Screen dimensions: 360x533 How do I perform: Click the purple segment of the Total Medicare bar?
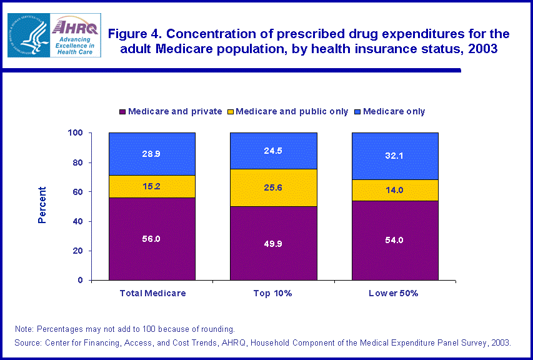152,250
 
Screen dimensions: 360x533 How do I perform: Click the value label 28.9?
152,153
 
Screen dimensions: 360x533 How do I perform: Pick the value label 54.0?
395,240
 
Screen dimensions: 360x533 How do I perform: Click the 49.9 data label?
274,242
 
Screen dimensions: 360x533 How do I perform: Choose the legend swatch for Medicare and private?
122,112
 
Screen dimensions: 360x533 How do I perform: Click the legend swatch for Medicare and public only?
231,112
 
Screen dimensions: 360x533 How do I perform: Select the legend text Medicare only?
394,112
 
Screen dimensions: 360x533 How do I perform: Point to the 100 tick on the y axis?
76,133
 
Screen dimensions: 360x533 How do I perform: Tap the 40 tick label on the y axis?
78,221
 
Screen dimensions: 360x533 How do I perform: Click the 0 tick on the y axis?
81,280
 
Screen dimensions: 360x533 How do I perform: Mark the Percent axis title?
42,205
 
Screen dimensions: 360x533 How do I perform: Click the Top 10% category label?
274,292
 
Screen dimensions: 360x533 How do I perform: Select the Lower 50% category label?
395,292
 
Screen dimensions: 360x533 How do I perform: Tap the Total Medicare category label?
152,292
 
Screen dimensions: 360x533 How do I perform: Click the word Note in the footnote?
25,329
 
